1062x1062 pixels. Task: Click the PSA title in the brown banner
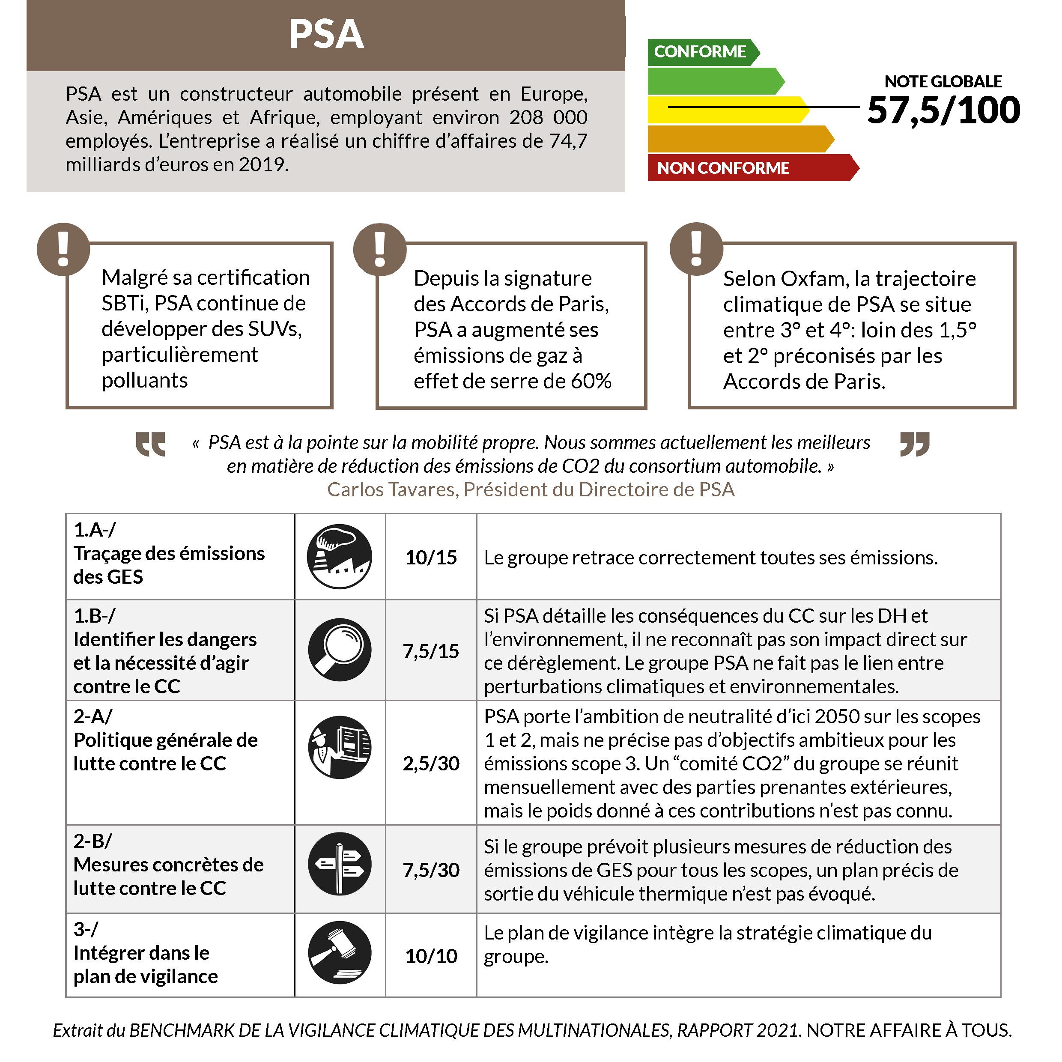point(326,35)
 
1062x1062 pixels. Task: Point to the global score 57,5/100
point(943,110)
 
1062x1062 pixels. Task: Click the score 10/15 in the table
point(431,558)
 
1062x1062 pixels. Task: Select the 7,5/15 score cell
point(431,651)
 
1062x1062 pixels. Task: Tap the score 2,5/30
point(431,763)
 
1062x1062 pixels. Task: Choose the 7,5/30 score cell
point(431,870)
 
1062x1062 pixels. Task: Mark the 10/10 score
point(431,956)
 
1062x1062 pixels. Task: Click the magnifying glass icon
point(339,649)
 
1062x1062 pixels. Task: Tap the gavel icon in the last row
point(339,953)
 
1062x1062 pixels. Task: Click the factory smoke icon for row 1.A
point(339,556)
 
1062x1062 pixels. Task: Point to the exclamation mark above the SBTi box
point(63,249)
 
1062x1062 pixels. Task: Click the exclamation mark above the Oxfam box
point(696,248)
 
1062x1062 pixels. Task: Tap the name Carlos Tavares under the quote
point(391,489)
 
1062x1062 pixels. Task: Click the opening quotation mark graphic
point(150,444)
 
